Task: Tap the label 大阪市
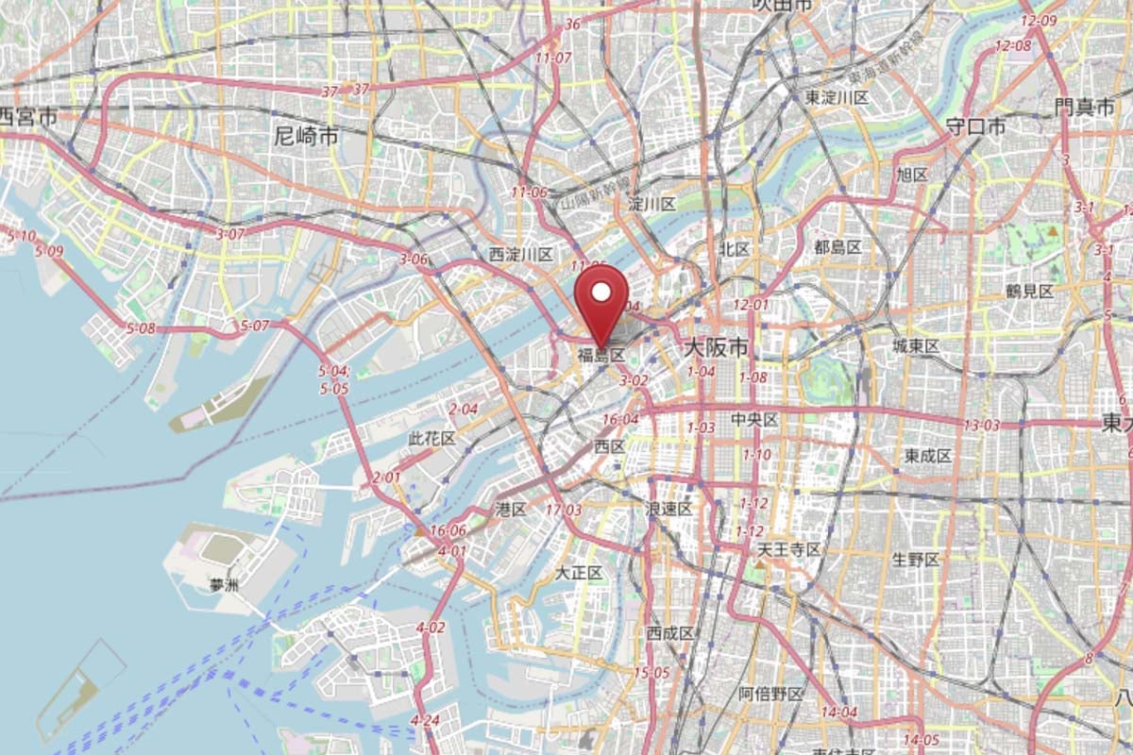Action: pyautogui.click(x=715, y=348)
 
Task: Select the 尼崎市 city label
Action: pyautogui.click(x=306, y=136)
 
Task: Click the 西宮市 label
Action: pyautogui.click(x=26, y=117)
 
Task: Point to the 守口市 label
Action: pyautogui.click(x=975, y=126)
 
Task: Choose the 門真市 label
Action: pyautogui.click(x=1085, y=108)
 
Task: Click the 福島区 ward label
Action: pyautogui.click(x=601, y=356)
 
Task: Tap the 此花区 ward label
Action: pyautogui.click(x=431, y=439)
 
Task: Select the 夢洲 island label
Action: pyautogui.click(x=225, y=585)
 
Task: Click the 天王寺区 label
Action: pyautogui.click(x=789, y=549)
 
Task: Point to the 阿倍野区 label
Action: pyautogui.click(x=770, y=694)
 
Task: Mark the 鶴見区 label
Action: pyautogui.click(x=1029, y=292)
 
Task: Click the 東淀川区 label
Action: pyautogui.click(x=837, y=97)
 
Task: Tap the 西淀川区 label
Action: pyautogui.click(x=520, y=254)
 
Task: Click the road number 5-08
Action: pyautogui.click(x=141, y=328)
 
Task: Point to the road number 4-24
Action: pyautogui.click(x=426, y=721)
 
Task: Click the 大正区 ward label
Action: pyautogui.click(x=578, y=573)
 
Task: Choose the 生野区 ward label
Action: pyautogui.click(x=916, y=560)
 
